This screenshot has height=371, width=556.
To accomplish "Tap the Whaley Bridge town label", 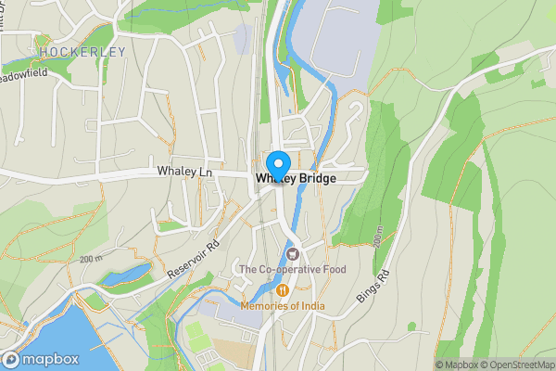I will coord(297,176).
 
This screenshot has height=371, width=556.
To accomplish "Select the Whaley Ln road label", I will coord(185,172).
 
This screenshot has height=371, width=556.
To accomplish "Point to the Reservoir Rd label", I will coord(193,261).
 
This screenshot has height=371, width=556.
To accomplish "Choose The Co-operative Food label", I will coord(292,270).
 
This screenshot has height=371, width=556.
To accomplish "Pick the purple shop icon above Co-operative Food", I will coord(293,253).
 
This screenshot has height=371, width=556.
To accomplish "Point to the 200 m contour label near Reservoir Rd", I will coord(91,259).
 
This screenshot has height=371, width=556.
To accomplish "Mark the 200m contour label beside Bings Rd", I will coord(378,237).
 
